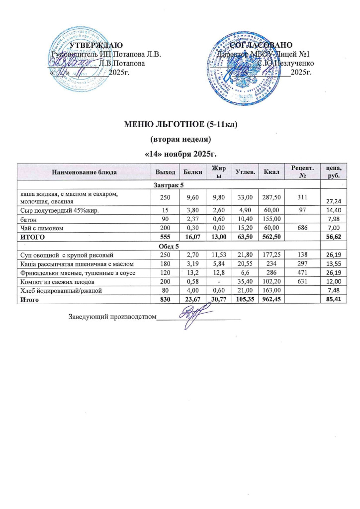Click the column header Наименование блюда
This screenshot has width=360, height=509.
(x=84, y=172)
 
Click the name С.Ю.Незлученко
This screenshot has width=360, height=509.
(x=285, y=64)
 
